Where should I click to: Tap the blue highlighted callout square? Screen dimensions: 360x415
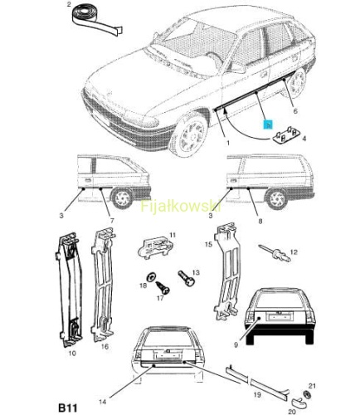268,124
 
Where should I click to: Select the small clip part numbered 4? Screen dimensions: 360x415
286,135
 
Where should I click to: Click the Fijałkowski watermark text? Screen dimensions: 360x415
181,206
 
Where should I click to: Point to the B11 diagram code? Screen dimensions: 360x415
68,408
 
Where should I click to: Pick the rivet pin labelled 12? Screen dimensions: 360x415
275,252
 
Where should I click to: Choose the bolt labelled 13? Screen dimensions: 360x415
187,278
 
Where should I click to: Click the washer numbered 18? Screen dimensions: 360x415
151,276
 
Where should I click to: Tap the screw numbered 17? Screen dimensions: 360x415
163,288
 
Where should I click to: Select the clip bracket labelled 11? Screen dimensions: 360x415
156,247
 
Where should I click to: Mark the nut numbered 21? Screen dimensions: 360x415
307,395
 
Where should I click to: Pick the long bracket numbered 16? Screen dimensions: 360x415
102,285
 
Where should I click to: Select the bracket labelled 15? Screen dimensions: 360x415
227,272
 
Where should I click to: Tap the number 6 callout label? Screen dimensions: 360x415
295,111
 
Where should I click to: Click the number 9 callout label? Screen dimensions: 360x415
236,344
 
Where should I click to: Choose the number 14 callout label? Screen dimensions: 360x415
102,402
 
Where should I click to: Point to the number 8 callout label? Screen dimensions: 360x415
260,221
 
